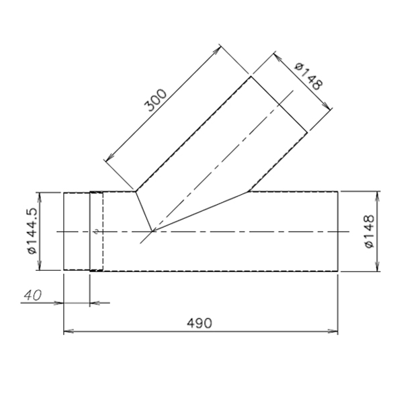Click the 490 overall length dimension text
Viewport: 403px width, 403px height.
(199, 323)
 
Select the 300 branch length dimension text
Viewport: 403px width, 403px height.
(156, 100)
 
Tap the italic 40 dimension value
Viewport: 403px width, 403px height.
(33, 296)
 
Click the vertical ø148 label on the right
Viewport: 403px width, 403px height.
(369, 231)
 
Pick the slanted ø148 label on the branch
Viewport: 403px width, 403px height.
(309, 77)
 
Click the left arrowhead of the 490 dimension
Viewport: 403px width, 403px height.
(69, 331)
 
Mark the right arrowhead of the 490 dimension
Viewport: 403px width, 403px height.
(333, 331)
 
